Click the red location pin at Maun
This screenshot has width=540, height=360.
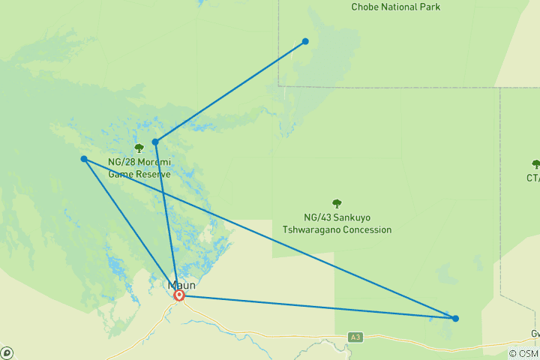click(x=179, y=295)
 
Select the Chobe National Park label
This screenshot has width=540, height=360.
click(x=395, y=7)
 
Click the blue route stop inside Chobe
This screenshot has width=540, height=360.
click(x=305, y=41)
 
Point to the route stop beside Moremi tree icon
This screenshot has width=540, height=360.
click(x=155, y=142)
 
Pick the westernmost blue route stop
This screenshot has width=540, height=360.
click(x=84, y=159)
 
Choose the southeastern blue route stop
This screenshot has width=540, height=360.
click(x=455, y=318)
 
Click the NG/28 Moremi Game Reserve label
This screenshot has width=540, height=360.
click(x=139, y=168)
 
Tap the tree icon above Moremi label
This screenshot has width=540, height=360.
click(x=139, y=148)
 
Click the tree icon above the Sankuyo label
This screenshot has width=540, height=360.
click(x=337, y=203)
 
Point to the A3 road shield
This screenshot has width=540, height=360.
click(x=355, y=338)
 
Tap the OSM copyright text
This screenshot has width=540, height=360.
click(x=523, y=354)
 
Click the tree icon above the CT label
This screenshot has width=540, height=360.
click(x=535, y=164)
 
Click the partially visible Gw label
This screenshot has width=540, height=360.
click(x=534, y=334)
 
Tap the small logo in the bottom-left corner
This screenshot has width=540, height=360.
click(x=7, y=352)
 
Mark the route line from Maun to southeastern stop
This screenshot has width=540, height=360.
click(x=315, y=307)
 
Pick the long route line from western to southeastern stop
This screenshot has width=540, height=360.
click(x=270, y=238)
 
